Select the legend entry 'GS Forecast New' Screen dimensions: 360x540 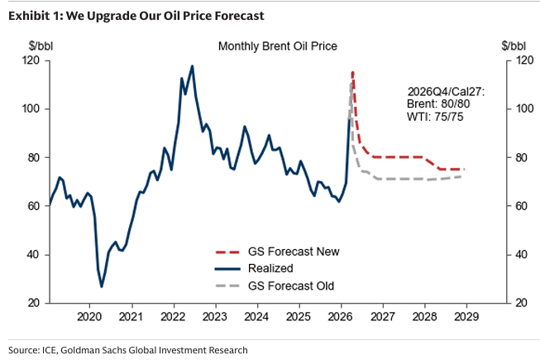click(x=294, y=251)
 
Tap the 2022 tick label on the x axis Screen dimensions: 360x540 click(x=173, y=316)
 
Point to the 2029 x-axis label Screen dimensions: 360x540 click(x=467, y=316)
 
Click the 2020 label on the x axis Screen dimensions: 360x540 click(x=88, y=316)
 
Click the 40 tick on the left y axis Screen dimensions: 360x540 click(x=34, y=254)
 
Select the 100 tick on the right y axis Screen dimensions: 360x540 click(x=523, y=108)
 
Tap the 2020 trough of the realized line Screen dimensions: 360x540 click(x=102, y=286)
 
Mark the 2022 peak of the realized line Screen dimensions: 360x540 click(x=193, y=66)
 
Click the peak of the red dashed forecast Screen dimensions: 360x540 click(x=353, y=72)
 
